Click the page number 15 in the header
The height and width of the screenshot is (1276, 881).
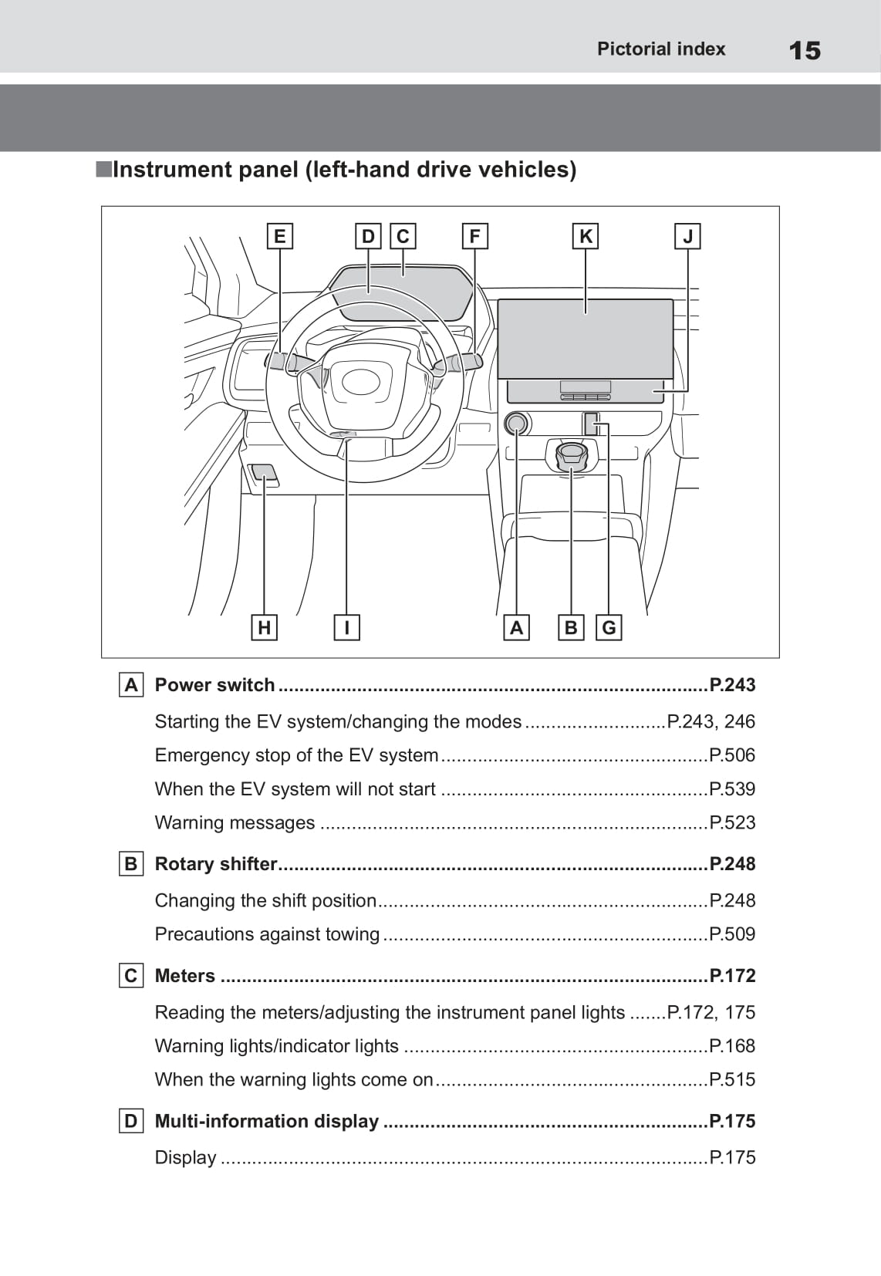[x=805, y=51]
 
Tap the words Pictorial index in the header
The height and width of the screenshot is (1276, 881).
[x=661, y=49]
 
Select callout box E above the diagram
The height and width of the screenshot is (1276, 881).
[x=279, y=236]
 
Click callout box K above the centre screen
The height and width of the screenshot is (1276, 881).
[x=586, y=236]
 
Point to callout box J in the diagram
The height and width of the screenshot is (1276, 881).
[x=687, y=236]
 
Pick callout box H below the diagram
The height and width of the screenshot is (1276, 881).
[x=264, y=628]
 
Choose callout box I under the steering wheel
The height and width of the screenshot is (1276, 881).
[x=346, y=628]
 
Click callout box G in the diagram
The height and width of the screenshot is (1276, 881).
[x=609, y=628]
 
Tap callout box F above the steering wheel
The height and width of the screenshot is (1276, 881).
[x=474, y=236]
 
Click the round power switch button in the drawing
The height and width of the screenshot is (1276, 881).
[x=516, y=424]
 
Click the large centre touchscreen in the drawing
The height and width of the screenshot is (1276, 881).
[x=586, y=338]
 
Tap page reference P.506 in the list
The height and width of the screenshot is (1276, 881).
[x=732, y=755]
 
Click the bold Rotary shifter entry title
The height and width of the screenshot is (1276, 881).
[x=216, y=864]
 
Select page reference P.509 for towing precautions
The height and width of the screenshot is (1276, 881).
[x=732, y=934]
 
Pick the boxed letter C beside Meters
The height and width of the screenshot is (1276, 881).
[x=131, y=976]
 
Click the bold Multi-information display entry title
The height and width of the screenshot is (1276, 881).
[x=267, y=1121]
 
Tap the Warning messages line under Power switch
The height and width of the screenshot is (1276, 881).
[x=235, y=822]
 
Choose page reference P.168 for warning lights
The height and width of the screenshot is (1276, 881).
[x=732, y=1046]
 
